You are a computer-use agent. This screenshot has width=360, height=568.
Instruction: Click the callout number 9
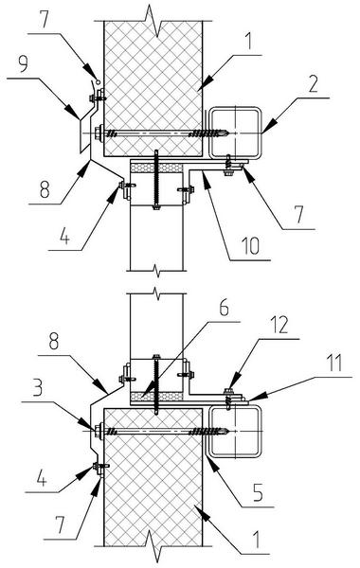coord(23,64)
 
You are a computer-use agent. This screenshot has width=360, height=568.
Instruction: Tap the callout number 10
coord(251,245)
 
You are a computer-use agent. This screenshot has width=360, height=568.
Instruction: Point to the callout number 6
coord(224,309)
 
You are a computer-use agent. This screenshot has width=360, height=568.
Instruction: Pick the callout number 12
coord(279,325)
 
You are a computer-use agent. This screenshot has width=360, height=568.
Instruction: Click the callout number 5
coord(258,491)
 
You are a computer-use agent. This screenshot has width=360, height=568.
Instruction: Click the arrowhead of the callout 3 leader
coord(94,428)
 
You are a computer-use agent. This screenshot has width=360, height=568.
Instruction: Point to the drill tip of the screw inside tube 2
coord(228,133)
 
